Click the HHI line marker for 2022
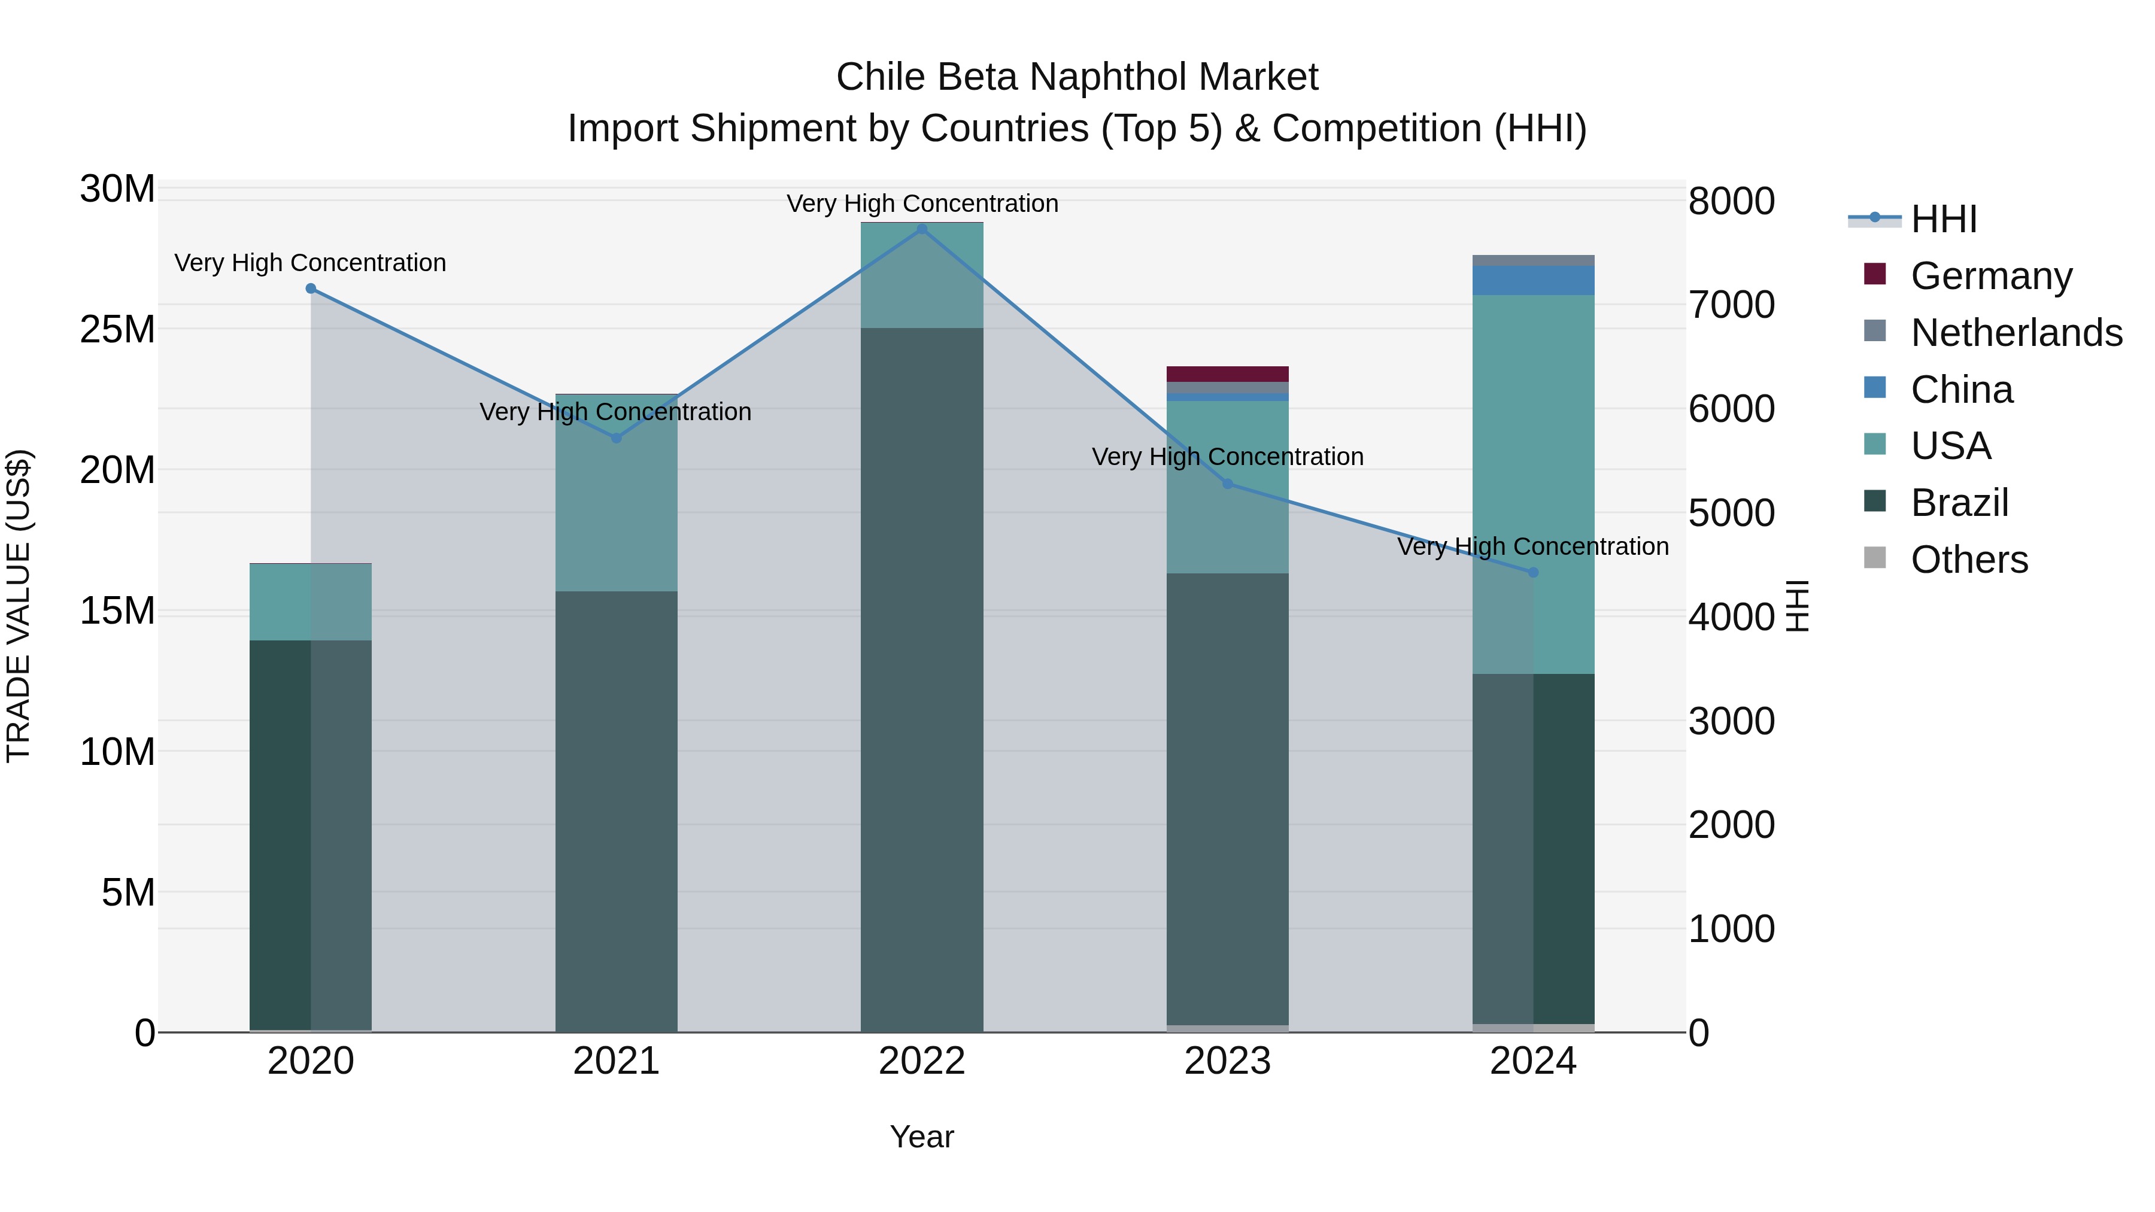click(922, 229)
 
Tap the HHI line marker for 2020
click(310, 288)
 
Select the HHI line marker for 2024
click(1534, 573)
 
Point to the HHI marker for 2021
click(617, 438)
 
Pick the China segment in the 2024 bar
click(1534, 280)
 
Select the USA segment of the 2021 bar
click(617, 494)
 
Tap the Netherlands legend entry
click(2016, 333)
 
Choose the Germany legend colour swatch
click(1875, 274)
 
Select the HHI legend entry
click(1943, 219)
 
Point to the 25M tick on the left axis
click(117, 330)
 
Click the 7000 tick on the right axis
click(1731, 305)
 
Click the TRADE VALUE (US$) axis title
click(19, 606)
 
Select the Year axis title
click(922, 1137)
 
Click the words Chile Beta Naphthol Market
click(1077, 77)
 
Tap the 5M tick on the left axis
click(128, 892)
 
